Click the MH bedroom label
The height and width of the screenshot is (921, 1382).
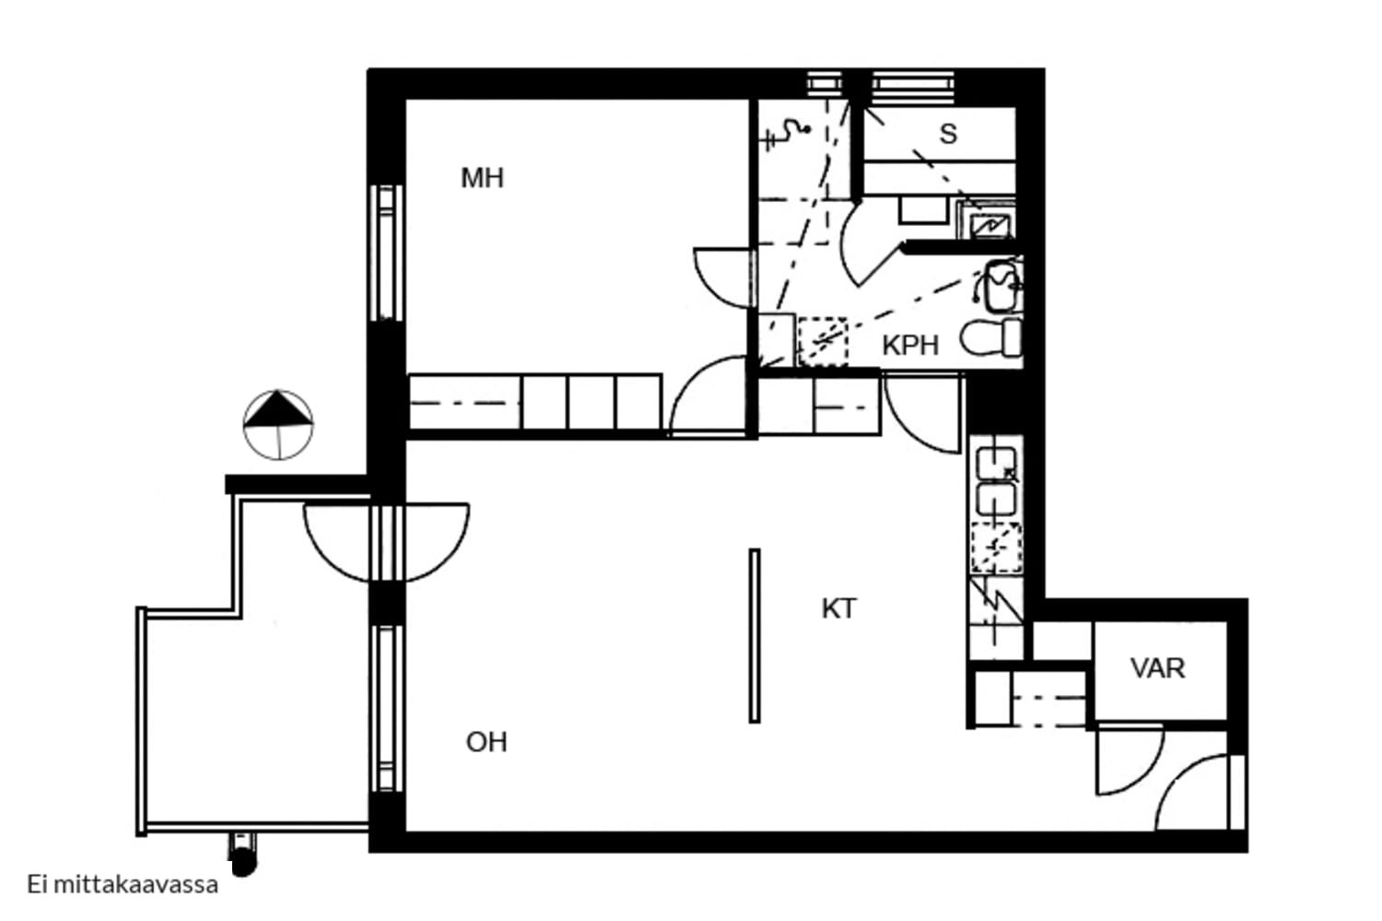click(x=483, y=179)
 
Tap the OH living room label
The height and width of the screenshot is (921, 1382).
click(x=486, y=742)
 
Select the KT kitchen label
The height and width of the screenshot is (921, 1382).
click(x=839, y=609)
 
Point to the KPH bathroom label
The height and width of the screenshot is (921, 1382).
click(x=910, y=346)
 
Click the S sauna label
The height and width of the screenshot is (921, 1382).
click(x=948, y=134)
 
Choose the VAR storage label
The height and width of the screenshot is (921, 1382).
click(x=1157, y=668)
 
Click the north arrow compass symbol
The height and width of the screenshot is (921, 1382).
click(x=278, y=425)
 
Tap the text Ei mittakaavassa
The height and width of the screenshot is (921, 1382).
click(x=123, y=884)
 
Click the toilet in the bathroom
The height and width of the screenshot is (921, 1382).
click(x=990, y=338)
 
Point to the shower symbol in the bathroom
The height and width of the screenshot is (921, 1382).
click(x=787, y=135)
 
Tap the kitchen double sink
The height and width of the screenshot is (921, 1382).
click(x=996, y=481)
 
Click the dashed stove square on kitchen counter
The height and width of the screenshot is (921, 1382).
click(x=996, y=549)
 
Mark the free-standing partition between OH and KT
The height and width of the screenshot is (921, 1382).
click(x=755, y=635)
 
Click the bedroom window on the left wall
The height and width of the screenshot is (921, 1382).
click(x=387, y=253)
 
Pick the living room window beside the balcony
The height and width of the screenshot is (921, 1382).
click(x=387, y=708)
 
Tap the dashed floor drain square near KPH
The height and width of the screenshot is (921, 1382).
click(x=823, y=341)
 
